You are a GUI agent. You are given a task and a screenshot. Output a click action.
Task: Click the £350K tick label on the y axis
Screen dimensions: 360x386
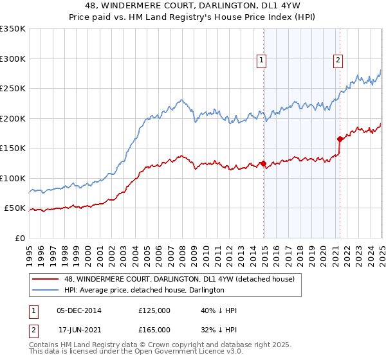(13, 29)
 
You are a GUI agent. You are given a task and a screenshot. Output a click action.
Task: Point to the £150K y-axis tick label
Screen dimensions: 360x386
(13, 148)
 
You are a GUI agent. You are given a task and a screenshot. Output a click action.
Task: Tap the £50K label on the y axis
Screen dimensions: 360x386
(15, 208)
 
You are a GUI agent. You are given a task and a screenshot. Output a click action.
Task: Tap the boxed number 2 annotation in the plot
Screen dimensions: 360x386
(338, 61)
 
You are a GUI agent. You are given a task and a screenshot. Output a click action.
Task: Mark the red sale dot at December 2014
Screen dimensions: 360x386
(263, 163)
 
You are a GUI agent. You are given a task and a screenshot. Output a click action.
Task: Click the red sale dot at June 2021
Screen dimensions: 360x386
(340, 138)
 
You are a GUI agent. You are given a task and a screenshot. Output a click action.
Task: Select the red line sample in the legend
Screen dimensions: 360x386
(46, 279)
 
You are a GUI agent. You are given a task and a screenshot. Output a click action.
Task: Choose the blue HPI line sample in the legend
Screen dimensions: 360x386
(46, 290)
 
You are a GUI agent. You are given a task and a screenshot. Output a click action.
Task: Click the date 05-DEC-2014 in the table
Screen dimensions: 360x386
(79, 310)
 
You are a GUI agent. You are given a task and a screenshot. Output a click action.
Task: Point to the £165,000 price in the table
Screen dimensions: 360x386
(154, 329)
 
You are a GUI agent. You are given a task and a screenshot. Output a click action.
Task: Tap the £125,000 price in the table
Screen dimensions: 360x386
(154, 310)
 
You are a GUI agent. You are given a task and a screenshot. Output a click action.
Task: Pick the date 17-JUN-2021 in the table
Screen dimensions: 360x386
(79, 329)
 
